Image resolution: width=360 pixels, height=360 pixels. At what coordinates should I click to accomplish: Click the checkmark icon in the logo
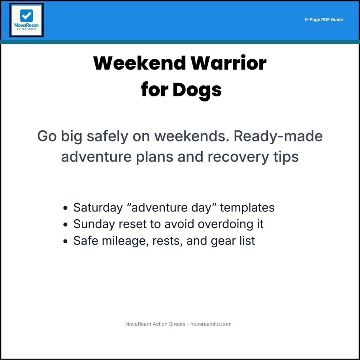pyautogui.click(x=26, y=16)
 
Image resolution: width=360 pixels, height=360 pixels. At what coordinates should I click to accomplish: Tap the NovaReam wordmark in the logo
pyautogui.click(x=26, y=25)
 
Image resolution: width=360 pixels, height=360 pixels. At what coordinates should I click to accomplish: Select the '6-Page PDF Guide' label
pyautogui.click(x=324, y=20)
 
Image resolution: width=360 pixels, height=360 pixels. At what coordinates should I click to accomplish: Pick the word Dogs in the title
pyautogui.click(x=197, y=90)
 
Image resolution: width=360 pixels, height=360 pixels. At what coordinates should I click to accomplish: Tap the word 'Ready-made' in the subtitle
pyautogui.click(x=278, y=136)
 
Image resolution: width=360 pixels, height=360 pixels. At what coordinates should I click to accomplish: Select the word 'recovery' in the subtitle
pyautogui.click(x=238, y=157)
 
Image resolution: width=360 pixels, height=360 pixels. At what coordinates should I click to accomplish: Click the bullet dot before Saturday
pyautogui.click(x=66, y=208)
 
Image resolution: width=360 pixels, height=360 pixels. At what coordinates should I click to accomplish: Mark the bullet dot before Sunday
pyautogui.click(x=66, y=224)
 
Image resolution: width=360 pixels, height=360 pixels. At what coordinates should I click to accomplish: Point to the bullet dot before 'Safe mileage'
pyautogui.click(x=66, y=241)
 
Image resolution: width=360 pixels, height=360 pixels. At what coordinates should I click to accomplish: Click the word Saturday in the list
pyautogui.click(x=98, y=208)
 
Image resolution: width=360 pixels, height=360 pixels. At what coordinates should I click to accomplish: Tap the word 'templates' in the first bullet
pyautogui.click(x=247, y=208)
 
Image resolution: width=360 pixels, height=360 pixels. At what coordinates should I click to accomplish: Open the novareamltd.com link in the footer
pyautogui.click(x=211, y=324)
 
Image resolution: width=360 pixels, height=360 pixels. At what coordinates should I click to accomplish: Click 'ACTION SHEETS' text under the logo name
pyautogui.click(x=26, y=29)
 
